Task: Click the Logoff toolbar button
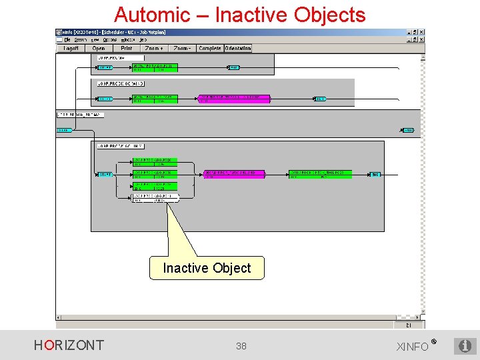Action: coord(71,48)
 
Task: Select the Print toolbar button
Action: coord(126,48)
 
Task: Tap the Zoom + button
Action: coord(154,48)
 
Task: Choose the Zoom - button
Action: coord(182,48)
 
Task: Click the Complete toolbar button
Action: coord(210,48)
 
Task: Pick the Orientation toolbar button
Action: coord(238,48)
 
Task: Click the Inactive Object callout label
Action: coord(207,268)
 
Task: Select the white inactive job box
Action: coord(155,197)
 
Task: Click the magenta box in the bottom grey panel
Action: coord(234,174)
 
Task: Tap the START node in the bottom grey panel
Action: coord(105,175)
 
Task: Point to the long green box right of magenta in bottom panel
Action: coord(320,174)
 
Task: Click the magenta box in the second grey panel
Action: coord(234,99)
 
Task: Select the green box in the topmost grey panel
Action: coord(155,67)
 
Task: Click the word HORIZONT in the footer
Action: coord(69,345)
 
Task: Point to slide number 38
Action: coord(241,346)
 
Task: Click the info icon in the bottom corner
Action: coord(465,346)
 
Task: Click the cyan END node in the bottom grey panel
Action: coord(375,175)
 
